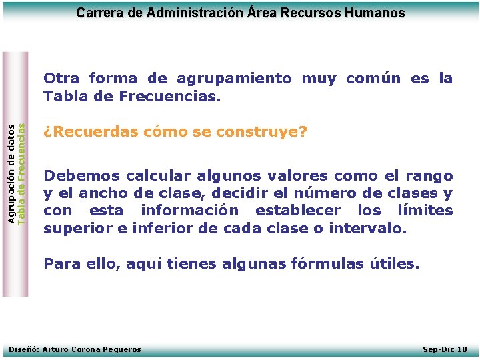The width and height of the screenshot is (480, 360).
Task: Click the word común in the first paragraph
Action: pyautogui.click(x=373, y=79)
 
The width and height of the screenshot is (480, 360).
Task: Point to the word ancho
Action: pyautogui.click(x=101, y=194)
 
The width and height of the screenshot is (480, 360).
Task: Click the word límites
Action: pyautogui.click(x=425, y=211)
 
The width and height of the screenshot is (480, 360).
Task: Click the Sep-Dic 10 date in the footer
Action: pyautogui.click(x=445, y=349)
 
